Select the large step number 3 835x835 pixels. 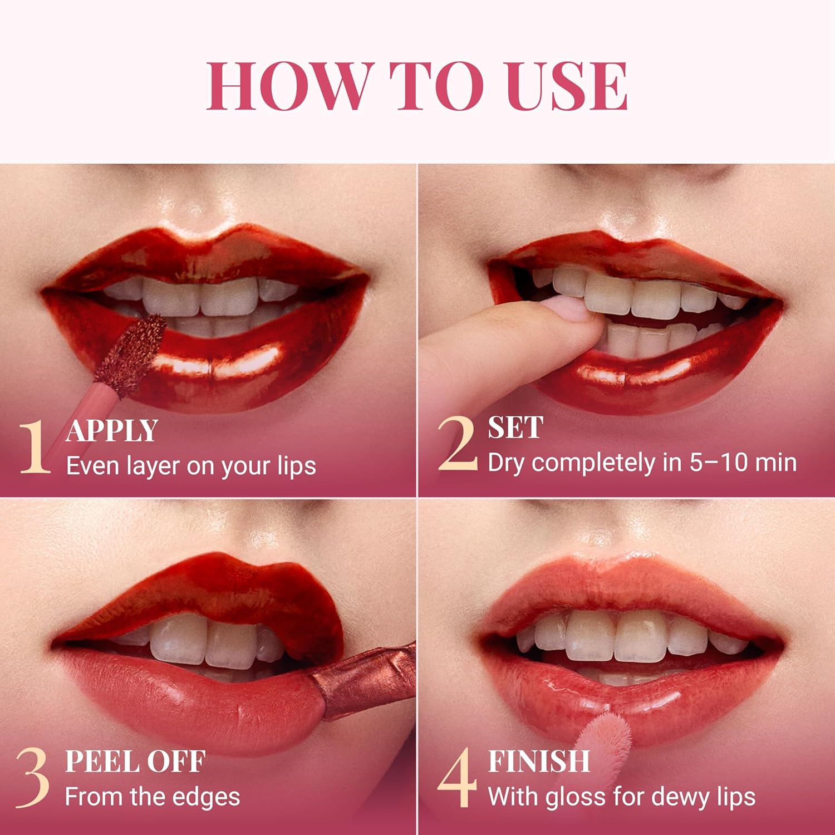tap(32, 779)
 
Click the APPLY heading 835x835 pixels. tap(112, 431)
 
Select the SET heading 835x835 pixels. tap(515, 428)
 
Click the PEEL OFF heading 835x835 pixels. tap(135, 762)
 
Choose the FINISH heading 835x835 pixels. tap(538, 762)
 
